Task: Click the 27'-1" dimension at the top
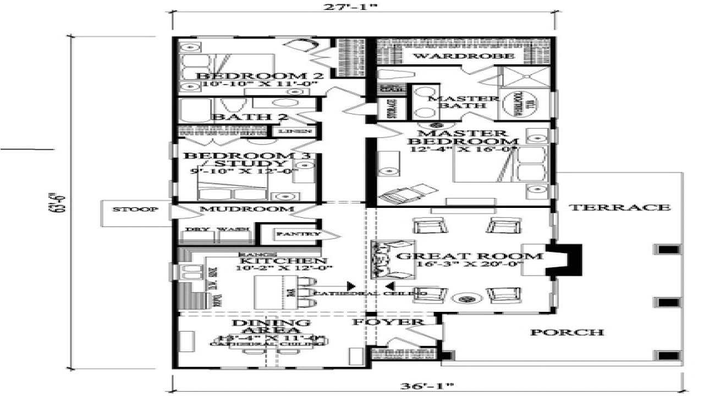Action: (363, 8)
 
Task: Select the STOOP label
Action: (128, 210)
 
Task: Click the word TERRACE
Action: (619, 207)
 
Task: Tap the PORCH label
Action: (567, 332)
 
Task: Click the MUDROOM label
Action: (239, 210)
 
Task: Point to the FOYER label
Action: (388, 322)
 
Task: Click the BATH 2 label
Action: (243, 117)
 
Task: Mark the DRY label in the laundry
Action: (193, 229)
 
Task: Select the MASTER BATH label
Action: (463, 102)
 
